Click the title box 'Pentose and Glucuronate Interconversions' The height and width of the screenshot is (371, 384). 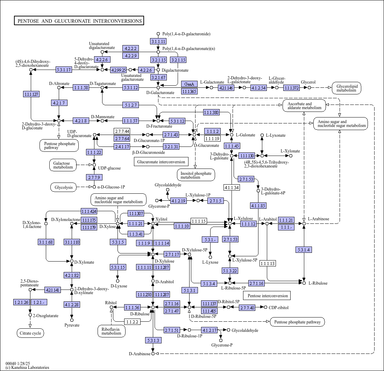tap(79, 21)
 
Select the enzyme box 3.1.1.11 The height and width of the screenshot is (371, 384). tap(158, 41)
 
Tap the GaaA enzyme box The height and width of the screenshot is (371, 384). tap(189, 84)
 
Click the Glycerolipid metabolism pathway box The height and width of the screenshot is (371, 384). tap(347, 88)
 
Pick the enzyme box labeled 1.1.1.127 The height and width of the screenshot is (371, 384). tap(31, 94)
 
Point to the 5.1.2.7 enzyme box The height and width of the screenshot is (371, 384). tap(131, 105)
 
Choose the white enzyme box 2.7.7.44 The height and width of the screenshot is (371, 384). tap(122, 131)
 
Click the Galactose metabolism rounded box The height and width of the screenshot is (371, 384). tap(63, 165)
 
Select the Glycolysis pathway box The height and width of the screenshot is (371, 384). tap(63, 187)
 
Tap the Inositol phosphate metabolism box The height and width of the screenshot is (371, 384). tap(196, 175)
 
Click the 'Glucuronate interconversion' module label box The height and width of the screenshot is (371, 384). tap(161, 162)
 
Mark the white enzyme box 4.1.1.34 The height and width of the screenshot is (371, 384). tap(232, 187)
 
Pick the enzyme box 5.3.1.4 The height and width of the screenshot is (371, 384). tap(304, 250)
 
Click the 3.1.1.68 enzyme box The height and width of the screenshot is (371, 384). tap(46, 242)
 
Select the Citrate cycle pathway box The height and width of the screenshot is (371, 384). tap(30, 333)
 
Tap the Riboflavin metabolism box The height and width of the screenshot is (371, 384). tap(112, 331)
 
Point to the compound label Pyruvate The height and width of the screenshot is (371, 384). tap(72, 325)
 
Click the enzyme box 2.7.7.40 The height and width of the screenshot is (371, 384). tap(247, 308)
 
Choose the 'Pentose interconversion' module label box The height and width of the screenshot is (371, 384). tap(268, 295)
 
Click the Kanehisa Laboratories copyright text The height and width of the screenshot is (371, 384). tap(27, 368)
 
